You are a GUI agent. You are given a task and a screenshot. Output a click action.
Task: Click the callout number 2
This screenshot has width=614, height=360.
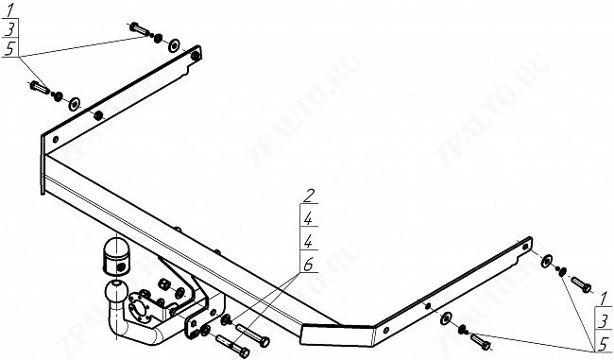(x=308, y=197)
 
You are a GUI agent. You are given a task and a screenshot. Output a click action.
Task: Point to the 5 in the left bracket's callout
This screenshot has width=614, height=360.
(x=9, y=49)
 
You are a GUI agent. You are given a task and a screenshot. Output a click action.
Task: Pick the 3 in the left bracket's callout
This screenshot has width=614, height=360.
(x=9, y=29)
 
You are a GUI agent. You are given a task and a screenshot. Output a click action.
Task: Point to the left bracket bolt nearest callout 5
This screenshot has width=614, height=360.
(x=42, y=88)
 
